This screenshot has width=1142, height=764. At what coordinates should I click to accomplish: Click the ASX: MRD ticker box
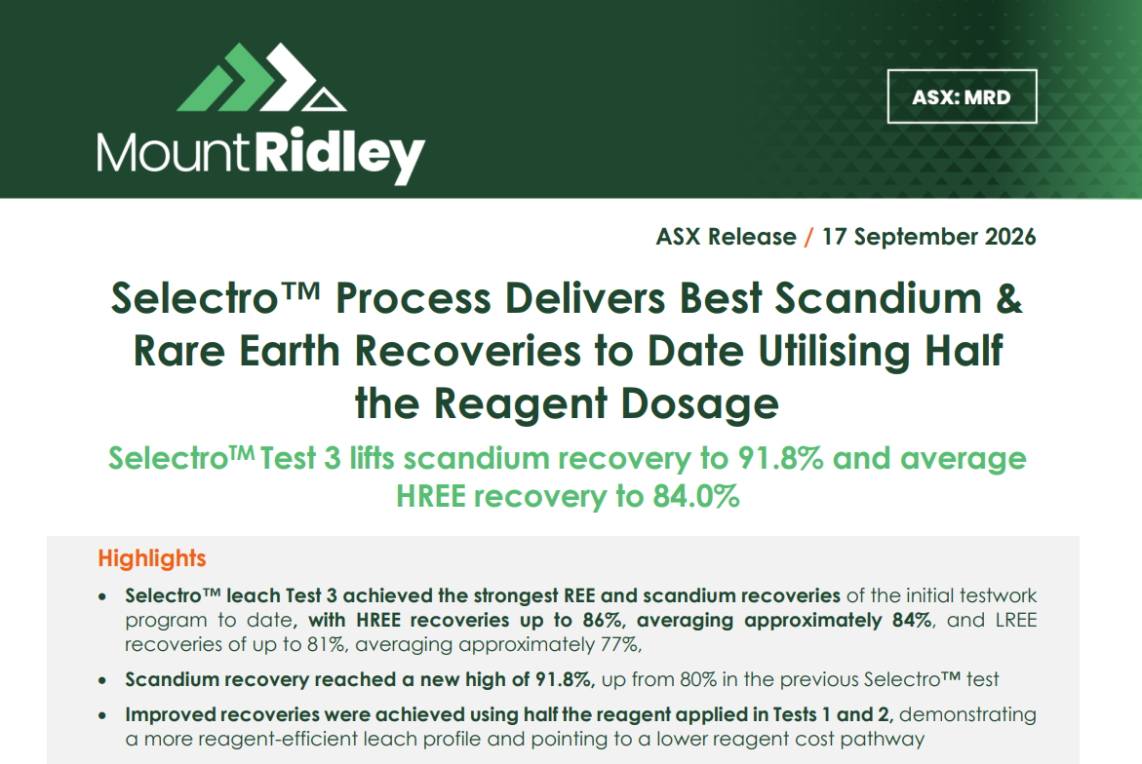[x=962, y=96]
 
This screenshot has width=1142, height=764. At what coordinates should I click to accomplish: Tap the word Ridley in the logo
[x=338, y=154]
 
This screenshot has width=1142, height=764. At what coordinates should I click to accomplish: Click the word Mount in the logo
[x=174, y=153]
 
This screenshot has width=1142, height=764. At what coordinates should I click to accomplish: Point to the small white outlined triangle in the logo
[x=324, y=100]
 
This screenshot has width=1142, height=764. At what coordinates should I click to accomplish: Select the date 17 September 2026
[x=928, y=237]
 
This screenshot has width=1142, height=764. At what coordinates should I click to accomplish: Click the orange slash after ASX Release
[x=808, y=237]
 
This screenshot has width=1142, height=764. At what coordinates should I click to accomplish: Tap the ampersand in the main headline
[x=1008, y=298]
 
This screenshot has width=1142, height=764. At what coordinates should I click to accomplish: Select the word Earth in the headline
[x=290, y=351]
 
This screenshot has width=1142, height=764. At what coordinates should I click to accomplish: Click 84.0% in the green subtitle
[x=696, y=496]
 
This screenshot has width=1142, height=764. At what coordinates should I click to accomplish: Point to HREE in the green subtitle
[x=430, y=496]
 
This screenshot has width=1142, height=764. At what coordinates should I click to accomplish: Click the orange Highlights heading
[x=152, y=558]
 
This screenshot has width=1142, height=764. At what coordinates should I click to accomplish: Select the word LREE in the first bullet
[x=1016, y=620]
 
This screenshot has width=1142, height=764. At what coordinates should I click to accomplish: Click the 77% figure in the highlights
[x=620, y=645]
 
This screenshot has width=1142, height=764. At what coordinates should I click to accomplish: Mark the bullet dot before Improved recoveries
[x=102, y=716]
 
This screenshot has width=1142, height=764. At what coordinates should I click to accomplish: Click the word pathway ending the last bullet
[x=882, y=740]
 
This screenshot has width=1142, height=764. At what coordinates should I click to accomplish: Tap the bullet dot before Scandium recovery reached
[x=102, y=681]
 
